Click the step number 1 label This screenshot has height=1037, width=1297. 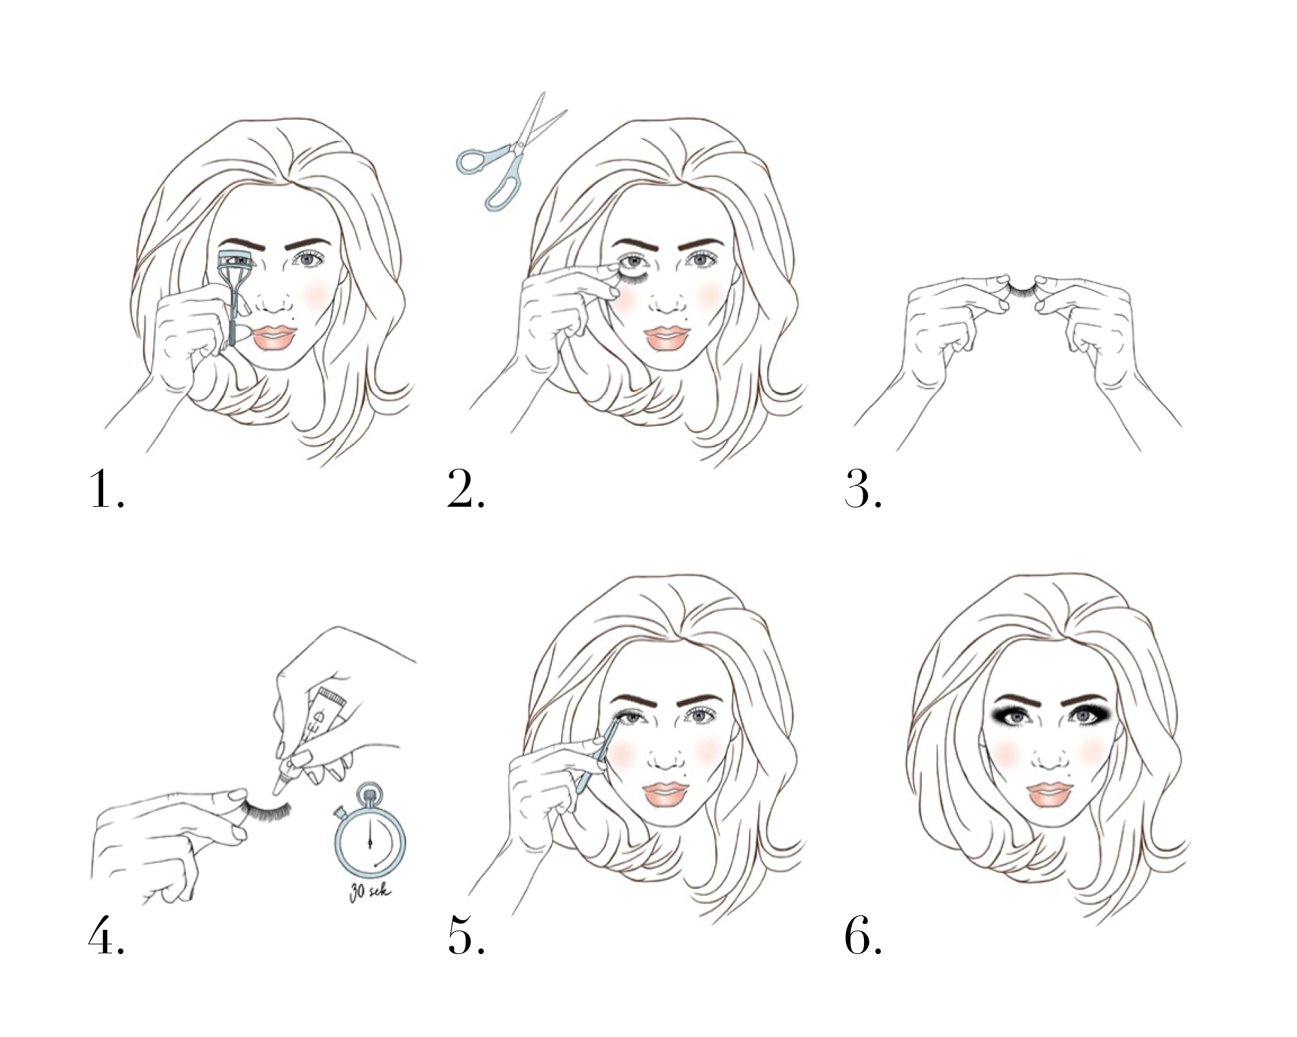(x=107, y=489)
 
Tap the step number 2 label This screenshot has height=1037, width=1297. (x=466, y=489)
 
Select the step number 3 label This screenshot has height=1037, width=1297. (x=863, y=489)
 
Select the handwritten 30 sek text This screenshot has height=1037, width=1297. (x=370, y=891)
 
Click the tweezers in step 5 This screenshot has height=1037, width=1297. (x=598, y=756)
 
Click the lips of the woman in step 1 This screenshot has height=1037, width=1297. (x=275, y=337)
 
